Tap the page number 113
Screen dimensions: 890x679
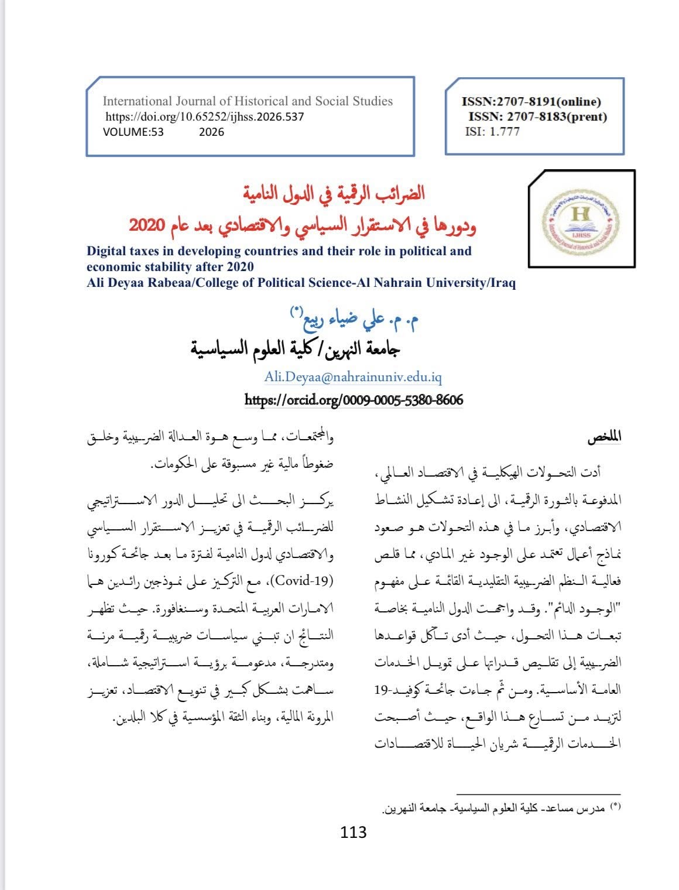[x=353, y=831]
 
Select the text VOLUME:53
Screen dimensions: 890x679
[x=133, y=132]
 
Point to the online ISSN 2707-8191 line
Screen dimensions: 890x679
[x=531, y=102]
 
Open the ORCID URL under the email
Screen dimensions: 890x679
[x=353, y=400]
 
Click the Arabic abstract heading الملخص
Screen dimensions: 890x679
[x=605, y=437]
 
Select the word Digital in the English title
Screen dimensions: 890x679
[x=108, y=251]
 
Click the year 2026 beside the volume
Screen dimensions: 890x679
[x=211, y=132]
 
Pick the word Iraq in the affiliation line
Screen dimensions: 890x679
[x=503, y=283]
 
